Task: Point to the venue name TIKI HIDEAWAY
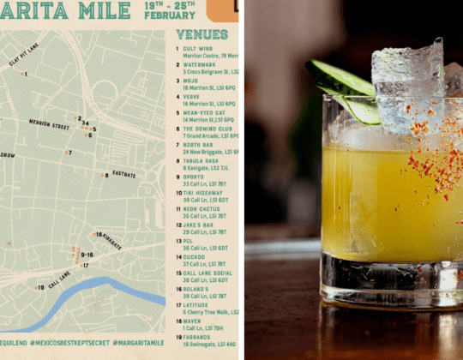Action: tap(202, 193)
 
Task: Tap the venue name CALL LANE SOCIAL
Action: tap(207, 273)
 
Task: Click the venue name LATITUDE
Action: tap(195, 305)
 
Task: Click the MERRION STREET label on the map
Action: tap(48, 125)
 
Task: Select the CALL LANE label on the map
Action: tap(58, 280)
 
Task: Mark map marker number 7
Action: tap(69, 153)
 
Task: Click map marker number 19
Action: tap(40, 288)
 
